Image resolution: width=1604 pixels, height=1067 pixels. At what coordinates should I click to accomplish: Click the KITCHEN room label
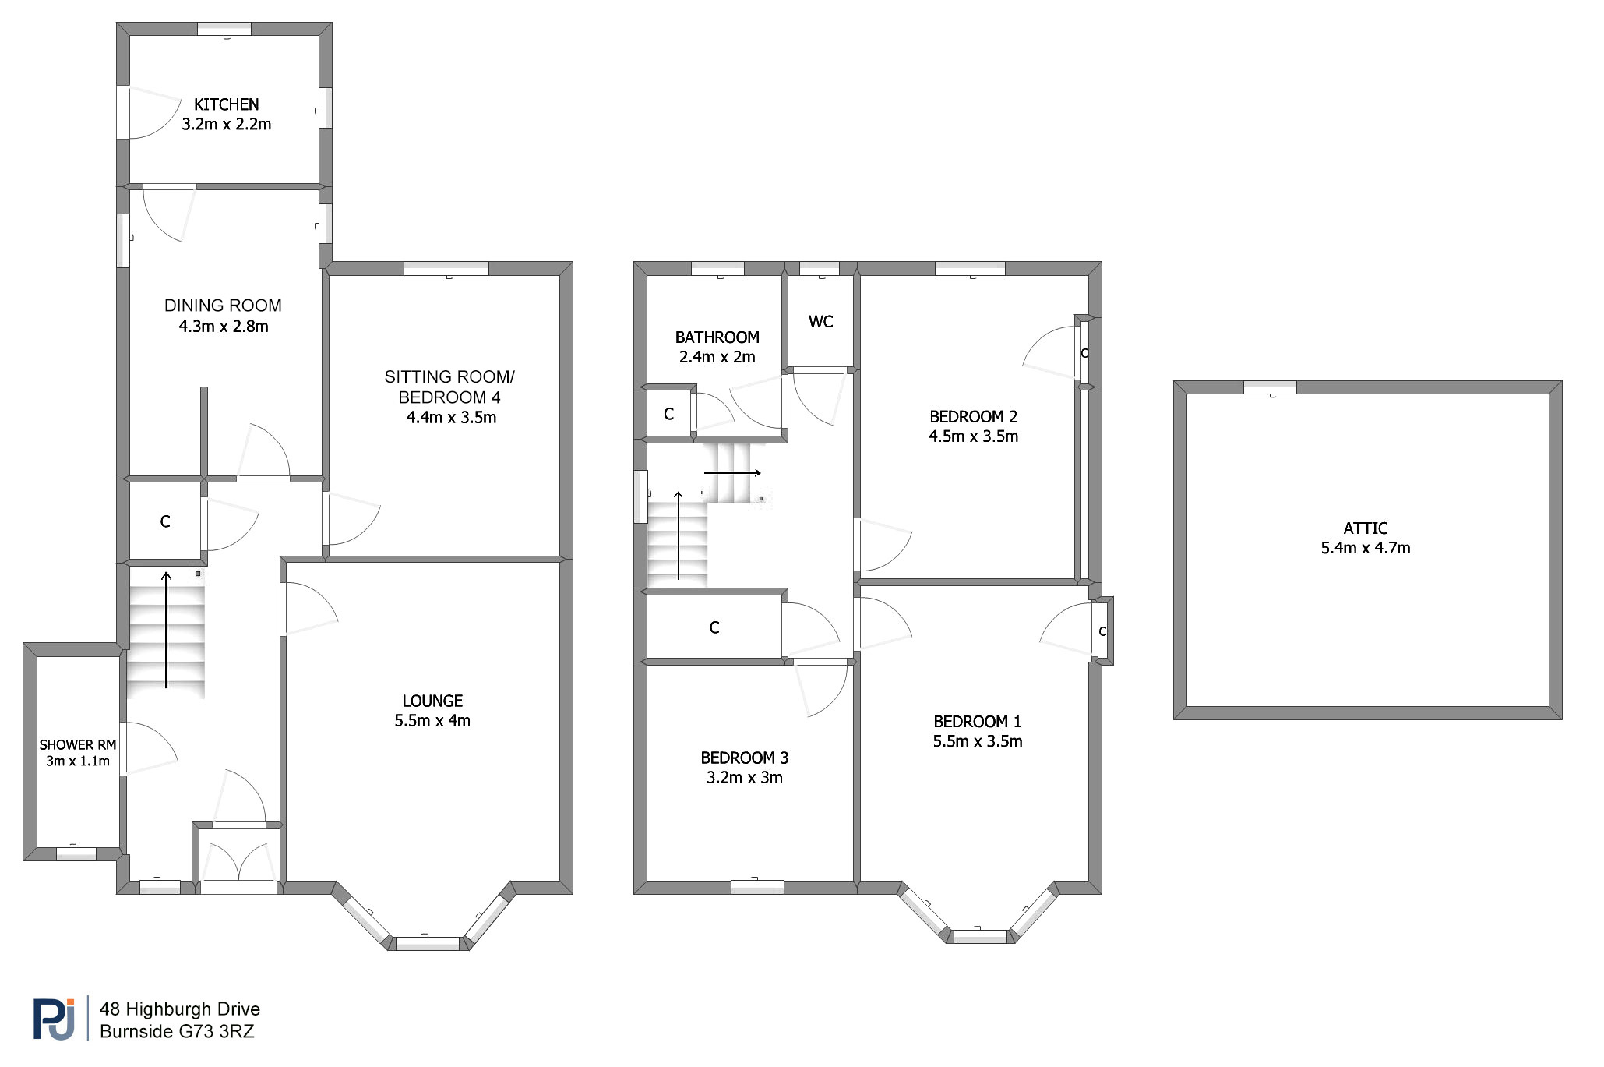coord(226,104)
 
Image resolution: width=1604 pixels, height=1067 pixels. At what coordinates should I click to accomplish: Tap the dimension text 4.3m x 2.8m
coord(224,327)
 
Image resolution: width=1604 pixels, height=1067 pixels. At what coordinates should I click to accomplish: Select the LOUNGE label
coord(432,701)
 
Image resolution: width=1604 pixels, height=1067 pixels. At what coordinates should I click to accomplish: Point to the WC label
coord(821,322)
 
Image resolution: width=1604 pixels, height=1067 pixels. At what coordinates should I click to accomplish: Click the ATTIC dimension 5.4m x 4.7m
coord(1366,548)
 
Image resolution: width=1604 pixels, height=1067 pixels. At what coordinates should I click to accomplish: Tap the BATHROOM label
coord(717,337)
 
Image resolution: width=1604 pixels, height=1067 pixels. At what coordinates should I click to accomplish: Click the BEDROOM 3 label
coord(745,758)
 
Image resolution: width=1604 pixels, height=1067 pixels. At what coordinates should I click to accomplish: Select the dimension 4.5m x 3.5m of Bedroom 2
coord(974,436)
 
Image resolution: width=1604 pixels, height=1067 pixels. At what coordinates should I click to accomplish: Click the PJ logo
coord(55,1019)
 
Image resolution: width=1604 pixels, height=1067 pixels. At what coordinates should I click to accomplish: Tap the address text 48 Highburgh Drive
coord(180,1009)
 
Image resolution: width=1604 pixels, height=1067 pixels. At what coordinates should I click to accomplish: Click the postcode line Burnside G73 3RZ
coord(178,1031)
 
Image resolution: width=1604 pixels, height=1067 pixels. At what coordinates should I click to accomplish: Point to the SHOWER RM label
coord(78,745)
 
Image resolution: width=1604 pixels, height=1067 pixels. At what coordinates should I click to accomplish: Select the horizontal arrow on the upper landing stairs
coord(732,473)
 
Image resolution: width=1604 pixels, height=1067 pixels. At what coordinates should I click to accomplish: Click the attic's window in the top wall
coord(1270,387)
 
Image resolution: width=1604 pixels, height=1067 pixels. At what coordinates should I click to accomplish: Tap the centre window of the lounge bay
coord(428,943)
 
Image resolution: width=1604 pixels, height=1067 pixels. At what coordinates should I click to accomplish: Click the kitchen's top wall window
coord(224,29)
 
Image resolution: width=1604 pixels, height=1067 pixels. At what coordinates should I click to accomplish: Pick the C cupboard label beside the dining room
coord(165,521)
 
